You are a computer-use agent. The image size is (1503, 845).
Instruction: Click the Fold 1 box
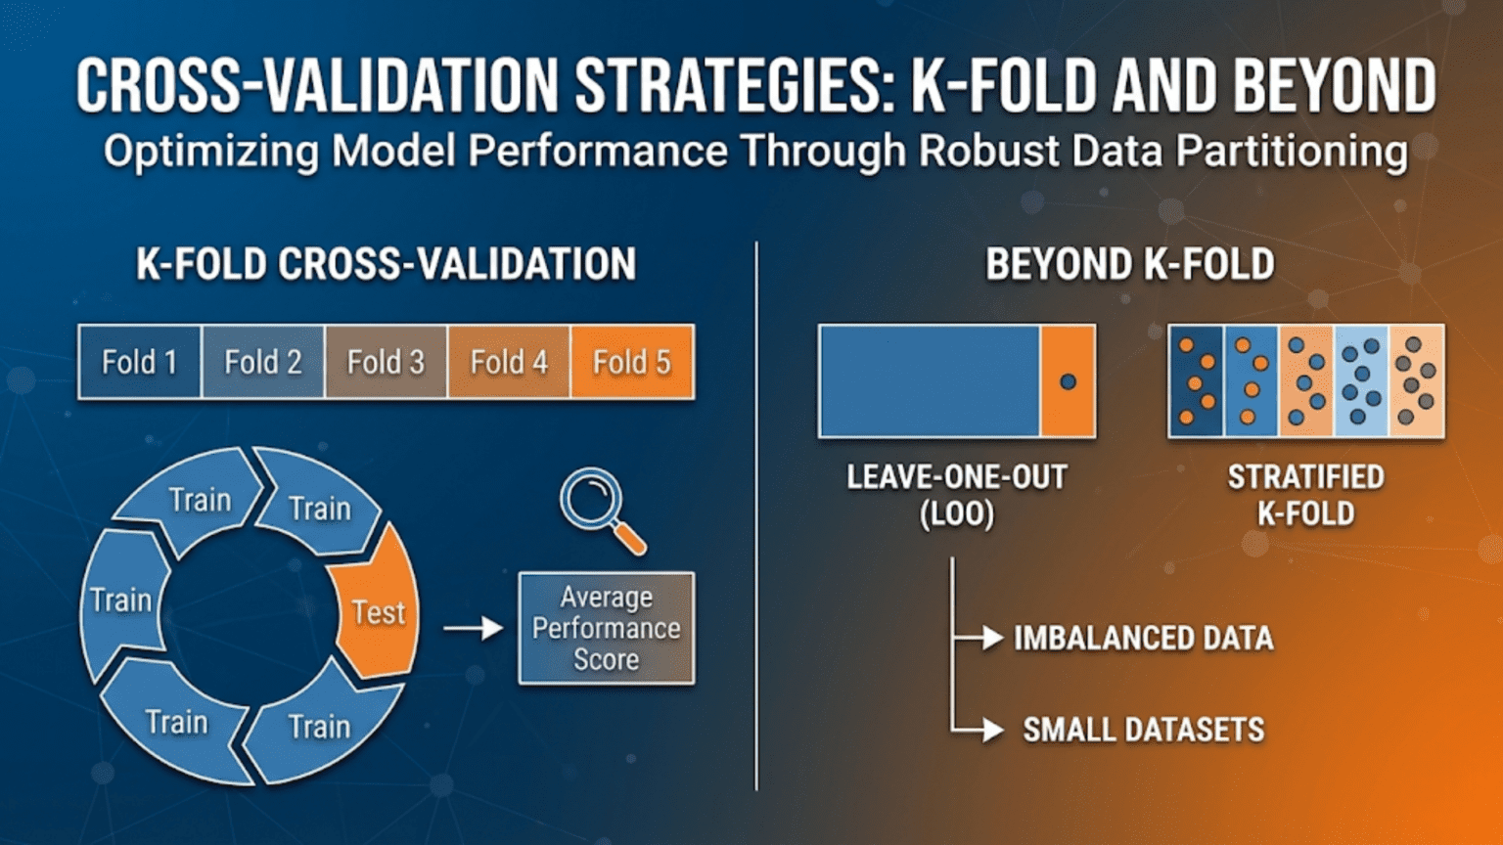[x=139, y=362]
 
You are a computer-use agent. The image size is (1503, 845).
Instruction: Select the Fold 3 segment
[x=386, y=362]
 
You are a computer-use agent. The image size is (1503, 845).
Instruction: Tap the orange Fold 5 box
[x=632, y=362]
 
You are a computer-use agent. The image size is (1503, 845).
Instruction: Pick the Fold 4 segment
[x=509, y=362]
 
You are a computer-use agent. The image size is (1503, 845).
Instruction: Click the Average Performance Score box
[x=606, y=628]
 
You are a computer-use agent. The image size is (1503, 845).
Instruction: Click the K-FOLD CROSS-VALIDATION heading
[x=386, y=264]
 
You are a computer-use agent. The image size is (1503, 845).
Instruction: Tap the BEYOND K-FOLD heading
[x=1129, y=264]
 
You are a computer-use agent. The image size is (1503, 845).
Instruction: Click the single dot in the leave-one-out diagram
[x=1068, y=381]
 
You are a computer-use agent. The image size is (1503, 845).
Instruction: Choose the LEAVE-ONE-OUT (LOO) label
[x=956, y=495]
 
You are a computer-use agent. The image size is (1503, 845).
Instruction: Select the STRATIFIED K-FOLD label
[x=1305, y=495]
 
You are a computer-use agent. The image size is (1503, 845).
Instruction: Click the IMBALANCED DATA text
[x=1143, y=639]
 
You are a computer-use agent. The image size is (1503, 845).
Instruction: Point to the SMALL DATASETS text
[x=1143, y=730]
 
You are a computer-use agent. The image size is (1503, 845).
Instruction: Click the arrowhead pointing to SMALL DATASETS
[x=992, y=730]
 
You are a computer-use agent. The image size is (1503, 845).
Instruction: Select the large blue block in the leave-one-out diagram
[x=929, y=381]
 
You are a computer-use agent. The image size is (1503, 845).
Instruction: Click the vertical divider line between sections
[x=756, y=518]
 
